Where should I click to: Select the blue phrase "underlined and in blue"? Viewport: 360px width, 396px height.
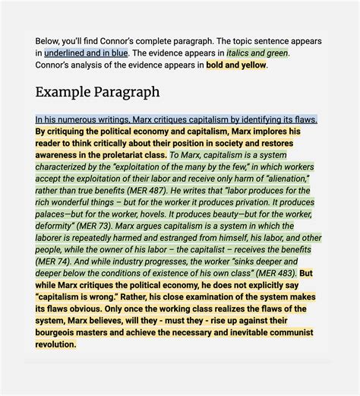click(84, 53)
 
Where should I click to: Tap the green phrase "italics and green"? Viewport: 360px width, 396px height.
click(257, 53)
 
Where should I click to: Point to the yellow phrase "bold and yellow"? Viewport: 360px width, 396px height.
click(235, 65)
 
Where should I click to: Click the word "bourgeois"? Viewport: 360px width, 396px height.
click(58, 332)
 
